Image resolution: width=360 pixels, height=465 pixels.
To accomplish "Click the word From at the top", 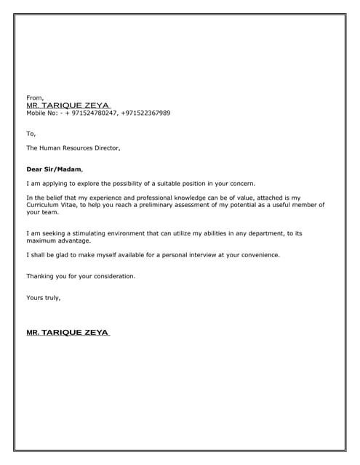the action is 35,97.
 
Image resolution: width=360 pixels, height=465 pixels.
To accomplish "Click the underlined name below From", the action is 67,105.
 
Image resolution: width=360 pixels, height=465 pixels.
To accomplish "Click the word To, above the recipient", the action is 31,133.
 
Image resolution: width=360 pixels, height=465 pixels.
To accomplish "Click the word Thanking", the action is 42,276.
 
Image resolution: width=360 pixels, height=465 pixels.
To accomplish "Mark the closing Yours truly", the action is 43,298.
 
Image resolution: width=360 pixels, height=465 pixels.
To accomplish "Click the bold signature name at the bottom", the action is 68,333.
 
